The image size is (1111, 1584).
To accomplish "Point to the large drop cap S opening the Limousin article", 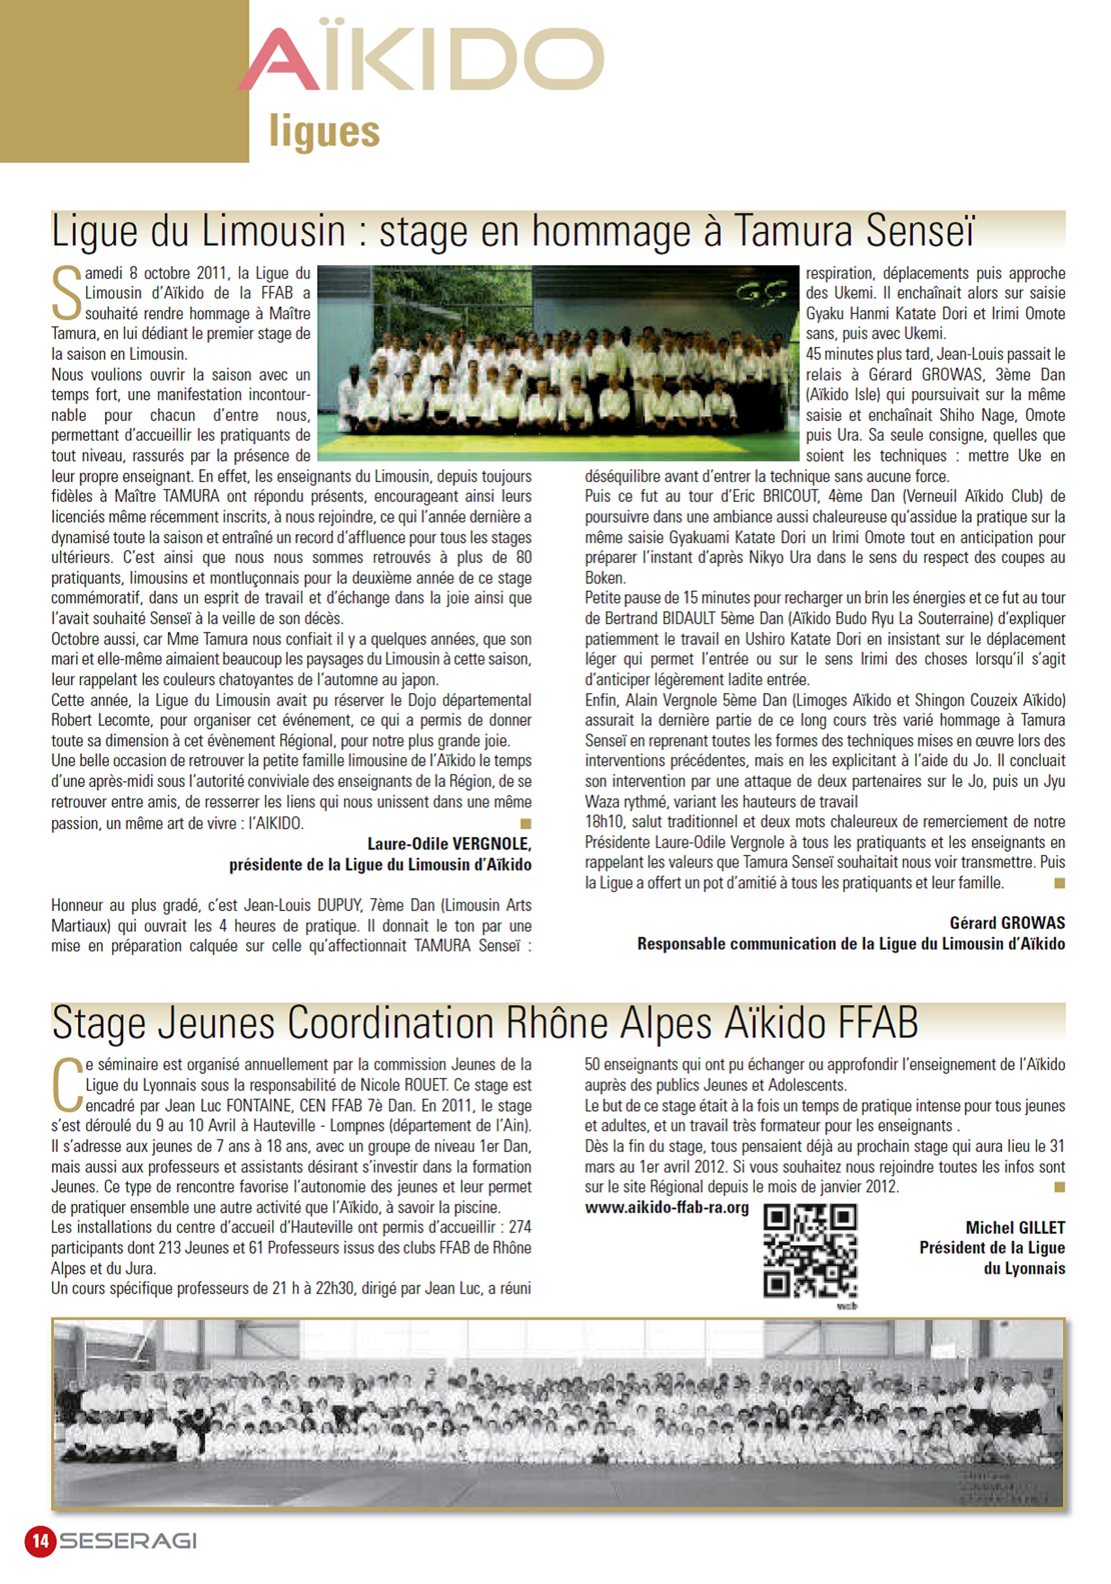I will pyautogui.click(x=67, y=294).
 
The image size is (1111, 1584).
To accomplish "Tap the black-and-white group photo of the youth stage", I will pyautogui.click(x=558, y=1414).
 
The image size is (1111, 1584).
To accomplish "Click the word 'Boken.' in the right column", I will pyautogui.click(x=605, y=578).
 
